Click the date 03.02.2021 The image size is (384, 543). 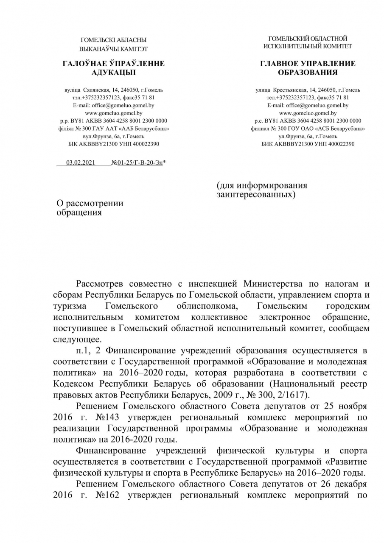pos(81,162)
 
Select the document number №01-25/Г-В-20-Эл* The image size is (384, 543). pos(138,162)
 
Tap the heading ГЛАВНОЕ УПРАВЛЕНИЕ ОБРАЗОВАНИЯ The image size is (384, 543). pos(308,68)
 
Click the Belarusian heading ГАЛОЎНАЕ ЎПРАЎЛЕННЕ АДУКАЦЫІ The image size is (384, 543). pos(113,68)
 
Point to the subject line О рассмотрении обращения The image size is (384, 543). pos(90,207)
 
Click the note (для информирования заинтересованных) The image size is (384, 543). pos(261,190)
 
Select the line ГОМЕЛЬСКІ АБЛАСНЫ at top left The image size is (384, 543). pos(113,40)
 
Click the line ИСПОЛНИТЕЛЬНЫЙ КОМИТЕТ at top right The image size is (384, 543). pos(308,46)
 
